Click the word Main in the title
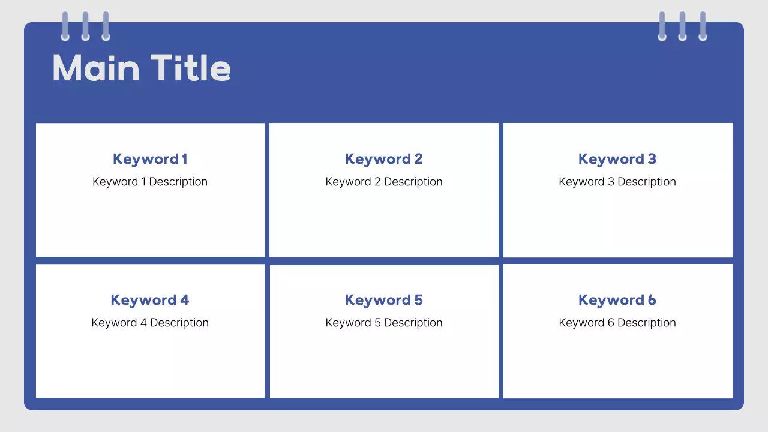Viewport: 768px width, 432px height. pos(97,68)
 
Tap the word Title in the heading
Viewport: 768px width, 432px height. pos(191,68)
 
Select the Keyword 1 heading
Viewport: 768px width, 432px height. pos(150,160)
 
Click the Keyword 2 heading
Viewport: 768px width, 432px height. pos(383,160)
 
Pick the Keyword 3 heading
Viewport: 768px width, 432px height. pos(617,160)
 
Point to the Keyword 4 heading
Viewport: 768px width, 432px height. pos(150,301)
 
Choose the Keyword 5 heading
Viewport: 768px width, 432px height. pos(383,301)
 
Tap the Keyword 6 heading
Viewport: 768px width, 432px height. pos(617,301)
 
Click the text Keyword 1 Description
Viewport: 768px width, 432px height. pos(150,182)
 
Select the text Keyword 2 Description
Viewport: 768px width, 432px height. pos(384,182)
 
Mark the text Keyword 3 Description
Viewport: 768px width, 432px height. pos(617,182)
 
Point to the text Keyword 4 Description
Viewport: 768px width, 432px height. pos(150,323)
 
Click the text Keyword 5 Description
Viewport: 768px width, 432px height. pos(384,323)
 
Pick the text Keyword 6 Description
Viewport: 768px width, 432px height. pos(617,323)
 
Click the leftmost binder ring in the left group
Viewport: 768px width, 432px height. pos(65,26)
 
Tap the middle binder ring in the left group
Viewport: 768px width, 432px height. pos(85,26)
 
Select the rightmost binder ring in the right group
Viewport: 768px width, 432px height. pos(703,26)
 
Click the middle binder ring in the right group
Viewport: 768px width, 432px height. pos(683,26)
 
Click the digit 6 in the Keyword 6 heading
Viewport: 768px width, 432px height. pos(652,300)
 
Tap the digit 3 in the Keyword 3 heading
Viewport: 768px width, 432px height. pos(652,159)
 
